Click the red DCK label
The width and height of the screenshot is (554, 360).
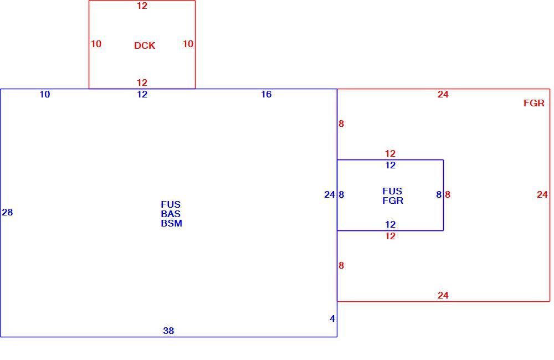coord(145,45)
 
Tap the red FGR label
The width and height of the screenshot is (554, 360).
coord(534,103)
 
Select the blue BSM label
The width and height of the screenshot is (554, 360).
coord(171,223)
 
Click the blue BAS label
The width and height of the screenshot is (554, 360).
coord(171,214)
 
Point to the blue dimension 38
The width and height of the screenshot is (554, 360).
coord(168,331)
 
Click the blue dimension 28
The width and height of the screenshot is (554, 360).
coord(7,212)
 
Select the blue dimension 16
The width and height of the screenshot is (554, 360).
coord(266,94)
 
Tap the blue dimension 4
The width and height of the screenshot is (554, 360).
coord(332,318)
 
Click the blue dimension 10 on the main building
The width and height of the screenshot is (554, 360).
coord(45,94)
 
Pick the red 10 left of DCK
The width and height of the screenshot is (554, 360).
coord(96,44)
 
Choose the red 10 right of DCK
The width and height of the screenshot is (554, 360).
coord(188,44)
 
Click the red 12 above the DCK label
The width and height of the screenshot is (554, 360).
coord(142,6)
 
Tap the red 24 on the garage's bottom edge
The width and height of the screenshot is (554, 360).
coord(443,295)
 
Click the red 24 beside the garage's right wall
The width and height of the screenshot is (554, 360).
coord(542,194)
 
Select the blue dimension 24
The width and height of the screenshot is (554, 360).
coord(330,194)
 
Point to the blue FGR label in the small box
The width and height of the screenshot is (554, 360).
coord(393,200)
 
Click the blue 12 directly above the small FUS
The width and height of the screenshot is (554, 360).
coord(391,165)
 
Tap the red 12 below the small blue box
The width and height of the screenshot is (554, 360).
coord(391,236)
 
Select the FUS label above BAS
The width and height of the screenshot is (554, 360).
coord(171,204)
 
